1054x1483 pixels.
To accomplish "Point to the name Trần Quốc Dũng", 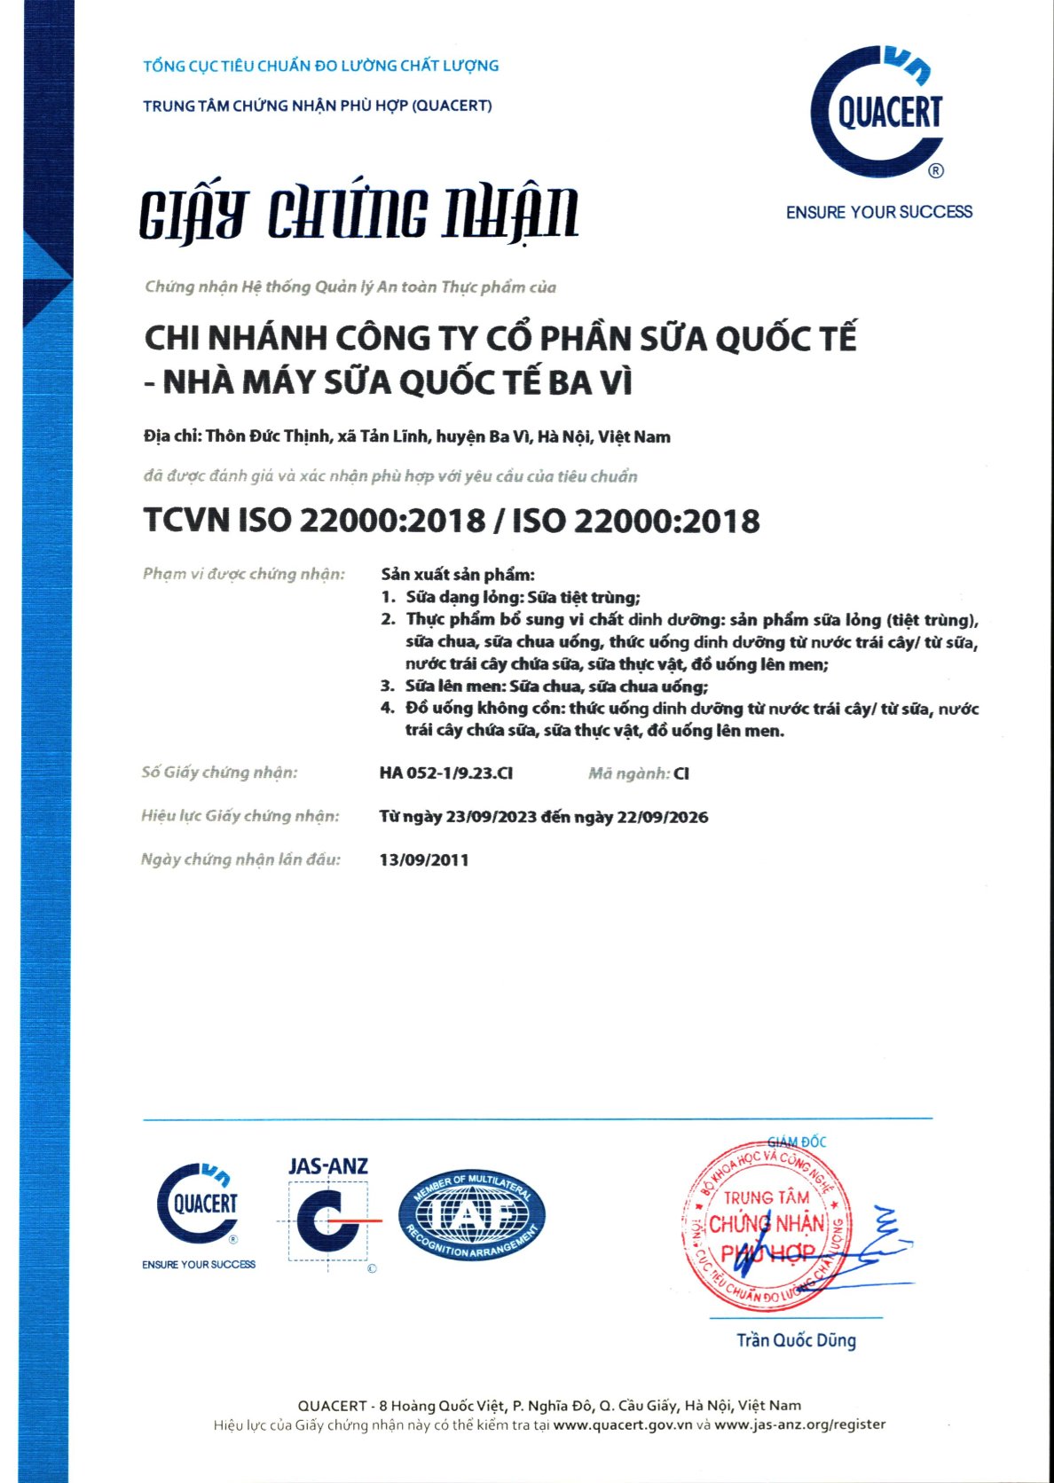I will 796,1339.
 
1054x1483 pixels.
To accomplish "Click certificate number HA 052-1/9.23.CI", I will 445,773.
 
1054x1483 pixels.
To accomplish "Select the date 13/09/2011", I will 424,859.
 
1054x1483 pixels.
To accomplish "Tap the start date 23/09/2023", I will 492,817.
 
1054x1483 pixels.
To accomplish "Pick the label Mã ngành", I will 628,773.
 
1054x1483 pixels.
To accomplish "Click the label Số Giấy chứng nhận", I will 219,773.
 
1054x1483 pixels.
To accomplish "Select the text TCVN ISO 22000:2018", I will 314,521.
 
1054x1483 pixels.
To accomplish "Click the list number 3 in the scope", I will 387,686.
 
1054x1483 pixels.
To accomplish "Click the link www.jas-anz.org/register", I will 799,1424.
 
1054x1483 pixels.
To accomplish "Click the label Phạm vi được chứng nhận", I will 243,574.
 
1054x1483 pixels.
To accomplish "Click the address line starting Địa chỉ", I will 406,436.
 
